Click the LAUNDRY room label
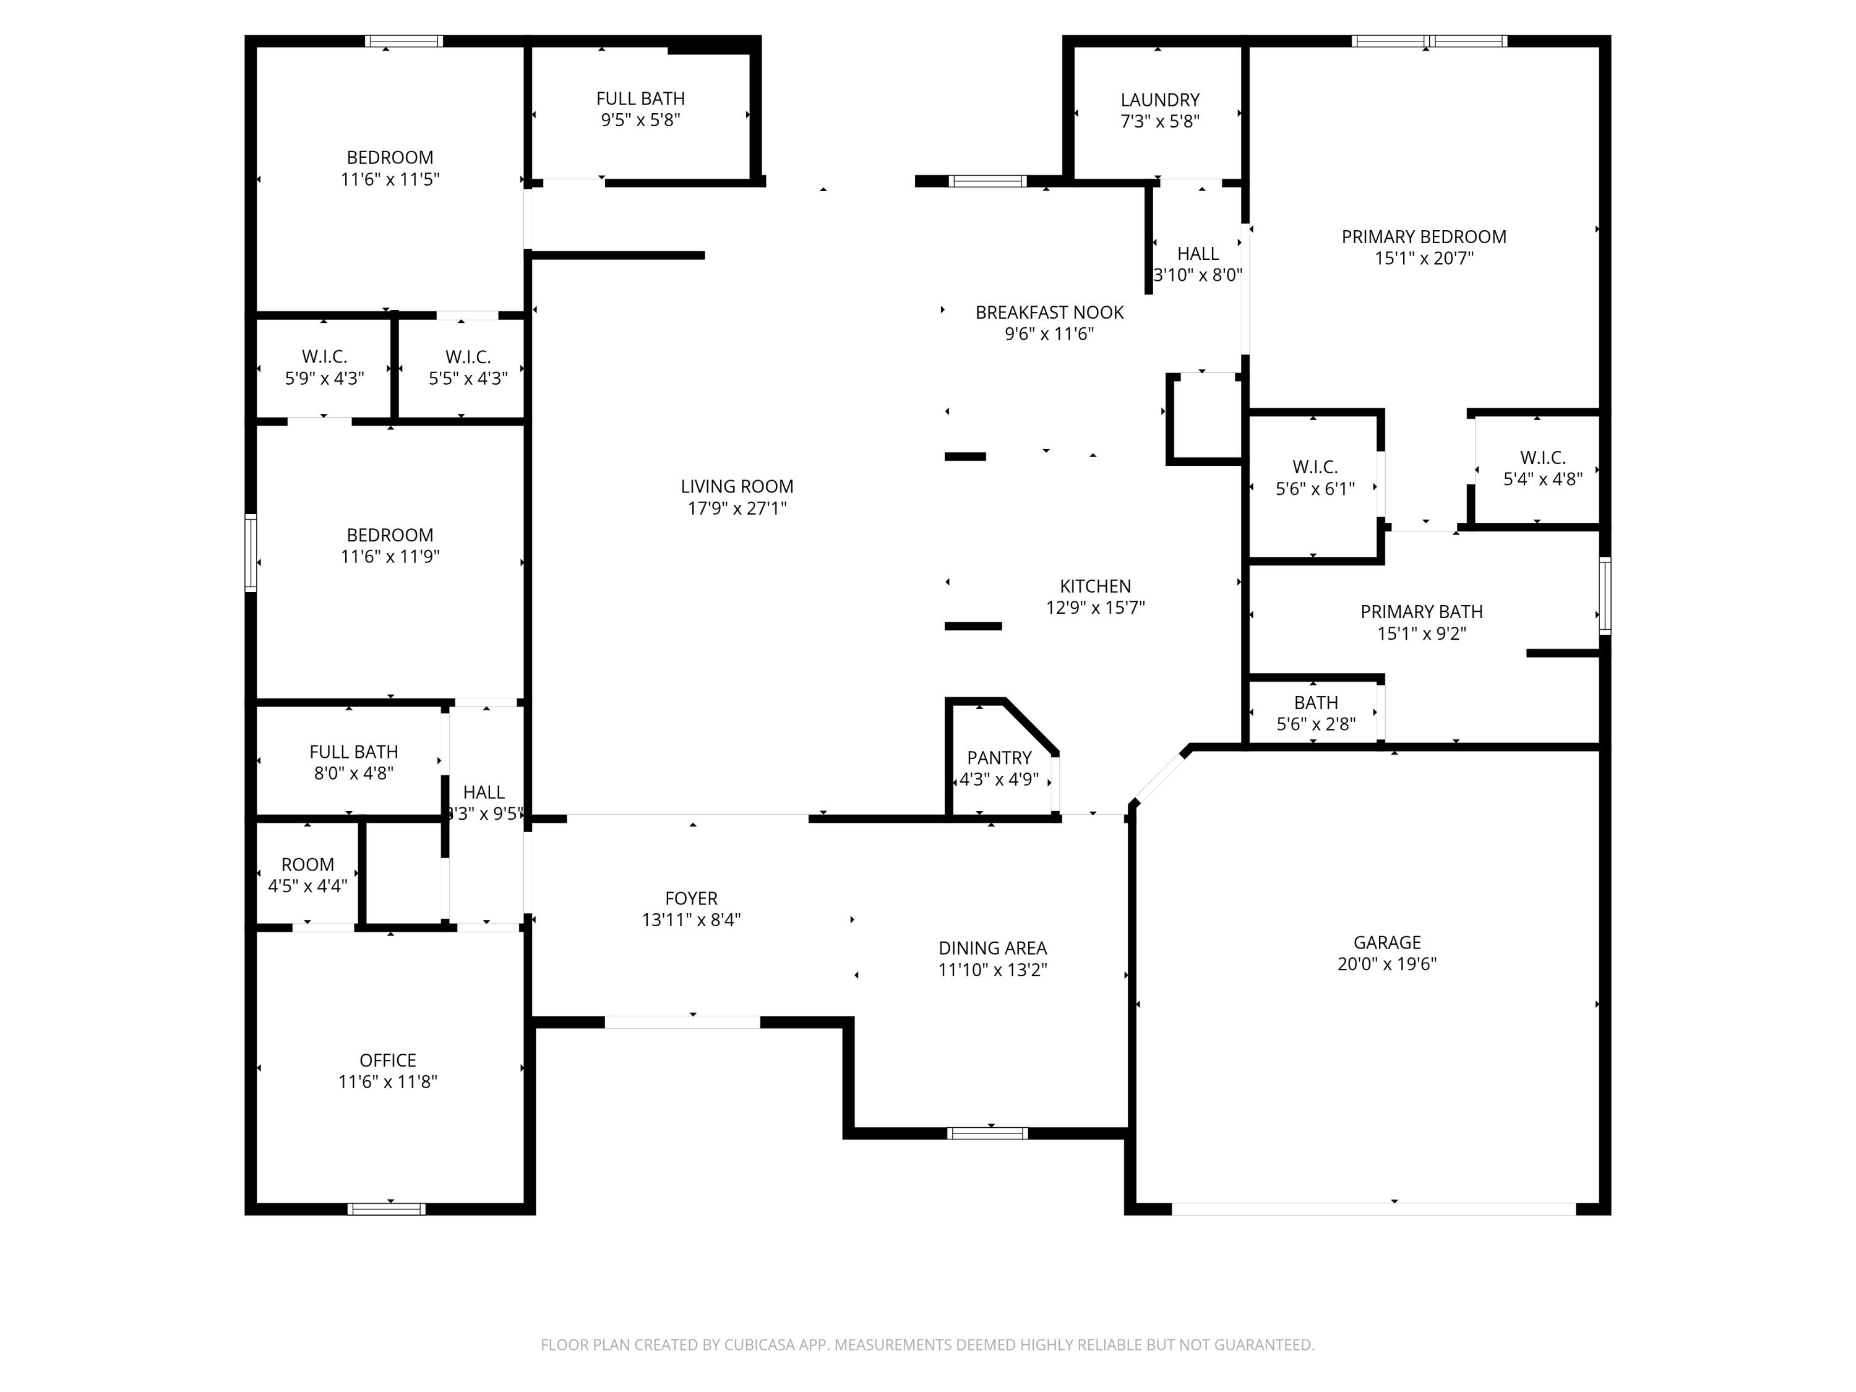pos(1159,100)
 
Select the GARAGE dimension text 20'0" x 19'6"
pos(1386,964)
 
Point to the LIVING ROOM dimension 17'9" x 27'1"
pos(737,509)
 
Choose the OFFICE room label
pos(388,1060)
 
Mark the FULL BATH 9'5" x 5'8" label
pos(640,99)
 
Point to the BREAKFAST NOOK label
pos(1049,313)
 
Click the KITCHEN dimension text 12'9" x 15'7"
pos(1095,608)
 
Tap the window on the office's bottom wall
pos(387,1209)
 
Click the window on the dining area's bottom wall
pos(987,1133)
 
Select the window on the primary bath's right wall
pos(1604,596)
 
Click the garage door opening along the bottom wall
pos(1373,1209)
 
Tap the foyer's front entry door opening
pos(682,1022)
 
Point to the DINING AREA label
pos(992,949)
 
